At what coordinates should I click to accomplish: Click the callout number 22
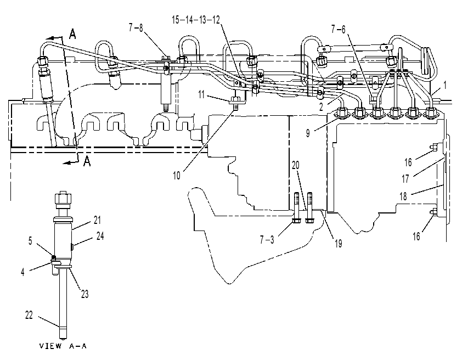[29, 315]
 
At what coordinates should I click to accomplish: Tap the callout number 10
[176, 176]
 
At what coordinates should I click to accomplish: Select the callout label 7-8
[136, 27]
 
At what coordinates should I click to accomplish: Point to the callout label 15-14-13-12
[196, 20]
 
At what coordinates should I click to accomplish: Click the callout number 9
[308, 133]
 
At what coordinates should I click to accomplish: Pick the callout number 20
[296, 165]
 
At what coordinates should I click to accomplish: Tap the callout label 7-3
[267, 240]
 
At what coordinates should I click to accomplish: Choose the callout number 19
[338, 243]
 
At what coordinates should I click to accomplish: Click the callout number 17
[405, 178]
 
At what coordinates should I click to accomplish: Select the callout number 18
[403, 196]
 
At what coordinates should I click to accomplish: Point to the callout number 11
[201, 95]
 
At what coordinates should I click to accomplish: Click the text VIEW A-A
[63, 346]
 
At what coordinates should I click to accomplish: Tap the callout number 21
[97, 220]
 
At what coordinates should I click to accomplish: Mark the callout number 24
[100, 235]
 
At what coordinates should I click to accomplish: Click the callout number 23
[85, 294]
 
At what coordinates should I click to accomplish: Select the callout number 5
[30, 241]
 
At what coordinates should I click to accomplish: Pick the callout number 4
[22, 272]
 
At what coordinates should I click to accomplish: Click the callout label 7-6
[338, 29]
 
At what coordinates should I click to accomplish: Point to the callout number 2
[321, 106]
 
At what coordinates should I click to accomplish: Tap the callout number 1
[445, 86]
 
